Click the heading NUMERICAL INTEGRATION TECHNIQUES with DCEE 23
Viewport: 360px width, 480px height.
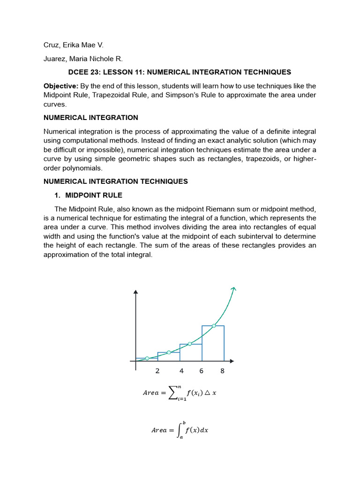pyautogui.click(x=180, y=72)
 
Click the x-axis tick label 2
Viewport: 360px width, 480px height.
pyautogui.click(x=157, y=371)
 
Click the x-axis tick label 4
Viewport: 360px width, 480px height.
pyautogui.click(x=181, y=371)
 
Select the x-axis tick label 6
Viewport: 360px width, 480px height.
pyautogui.click(x=201, y=371)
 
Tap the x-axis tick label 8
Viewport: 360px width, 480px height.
pyautogui.click(x=223, y=371)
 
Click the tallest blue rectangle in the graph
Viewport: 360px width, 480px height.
pyautogui.click(x=213, y=345)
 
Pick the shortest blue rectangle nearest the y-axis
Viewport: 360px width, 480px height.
pyautogui.click(x=146, y=360)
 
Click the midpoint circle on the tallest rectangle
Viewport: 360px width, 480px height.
pyautogui.click(x=214, y=326)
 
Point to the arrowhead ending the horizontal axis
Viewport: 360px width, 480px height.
pyautogui.click(x=232, y=361)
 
